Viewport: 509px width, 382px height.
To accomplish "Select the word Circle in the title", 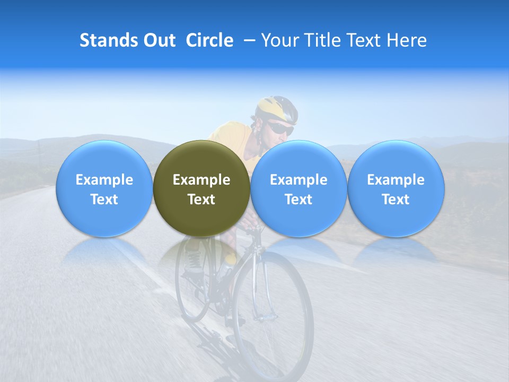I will (209, 40).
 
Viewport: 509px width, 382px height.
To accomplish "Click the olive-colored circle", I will (201, 188).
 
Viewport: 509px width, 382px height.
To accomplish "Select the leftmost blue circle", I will (104, 188).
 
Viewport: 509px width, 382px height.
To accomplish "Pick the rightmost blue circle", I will (396, 188).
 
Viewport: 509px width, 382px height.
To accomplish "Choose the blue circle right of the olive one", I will (299, 188).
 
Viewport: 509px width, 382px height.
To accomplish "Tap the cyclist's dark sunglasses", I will (280, 128).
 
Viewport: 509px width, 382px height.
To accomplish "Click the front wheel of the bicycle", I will (273, 313).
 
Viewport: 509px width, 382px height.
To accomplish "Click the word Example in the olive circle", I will (201, 180).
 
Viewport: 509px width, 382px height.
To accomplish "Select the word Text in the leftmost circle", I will (104, 199).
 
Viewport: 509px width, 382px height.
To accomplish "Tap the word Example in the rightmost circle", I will (396, 180).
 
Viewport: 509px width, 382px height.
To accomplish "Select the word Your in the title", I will (277, 40).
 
